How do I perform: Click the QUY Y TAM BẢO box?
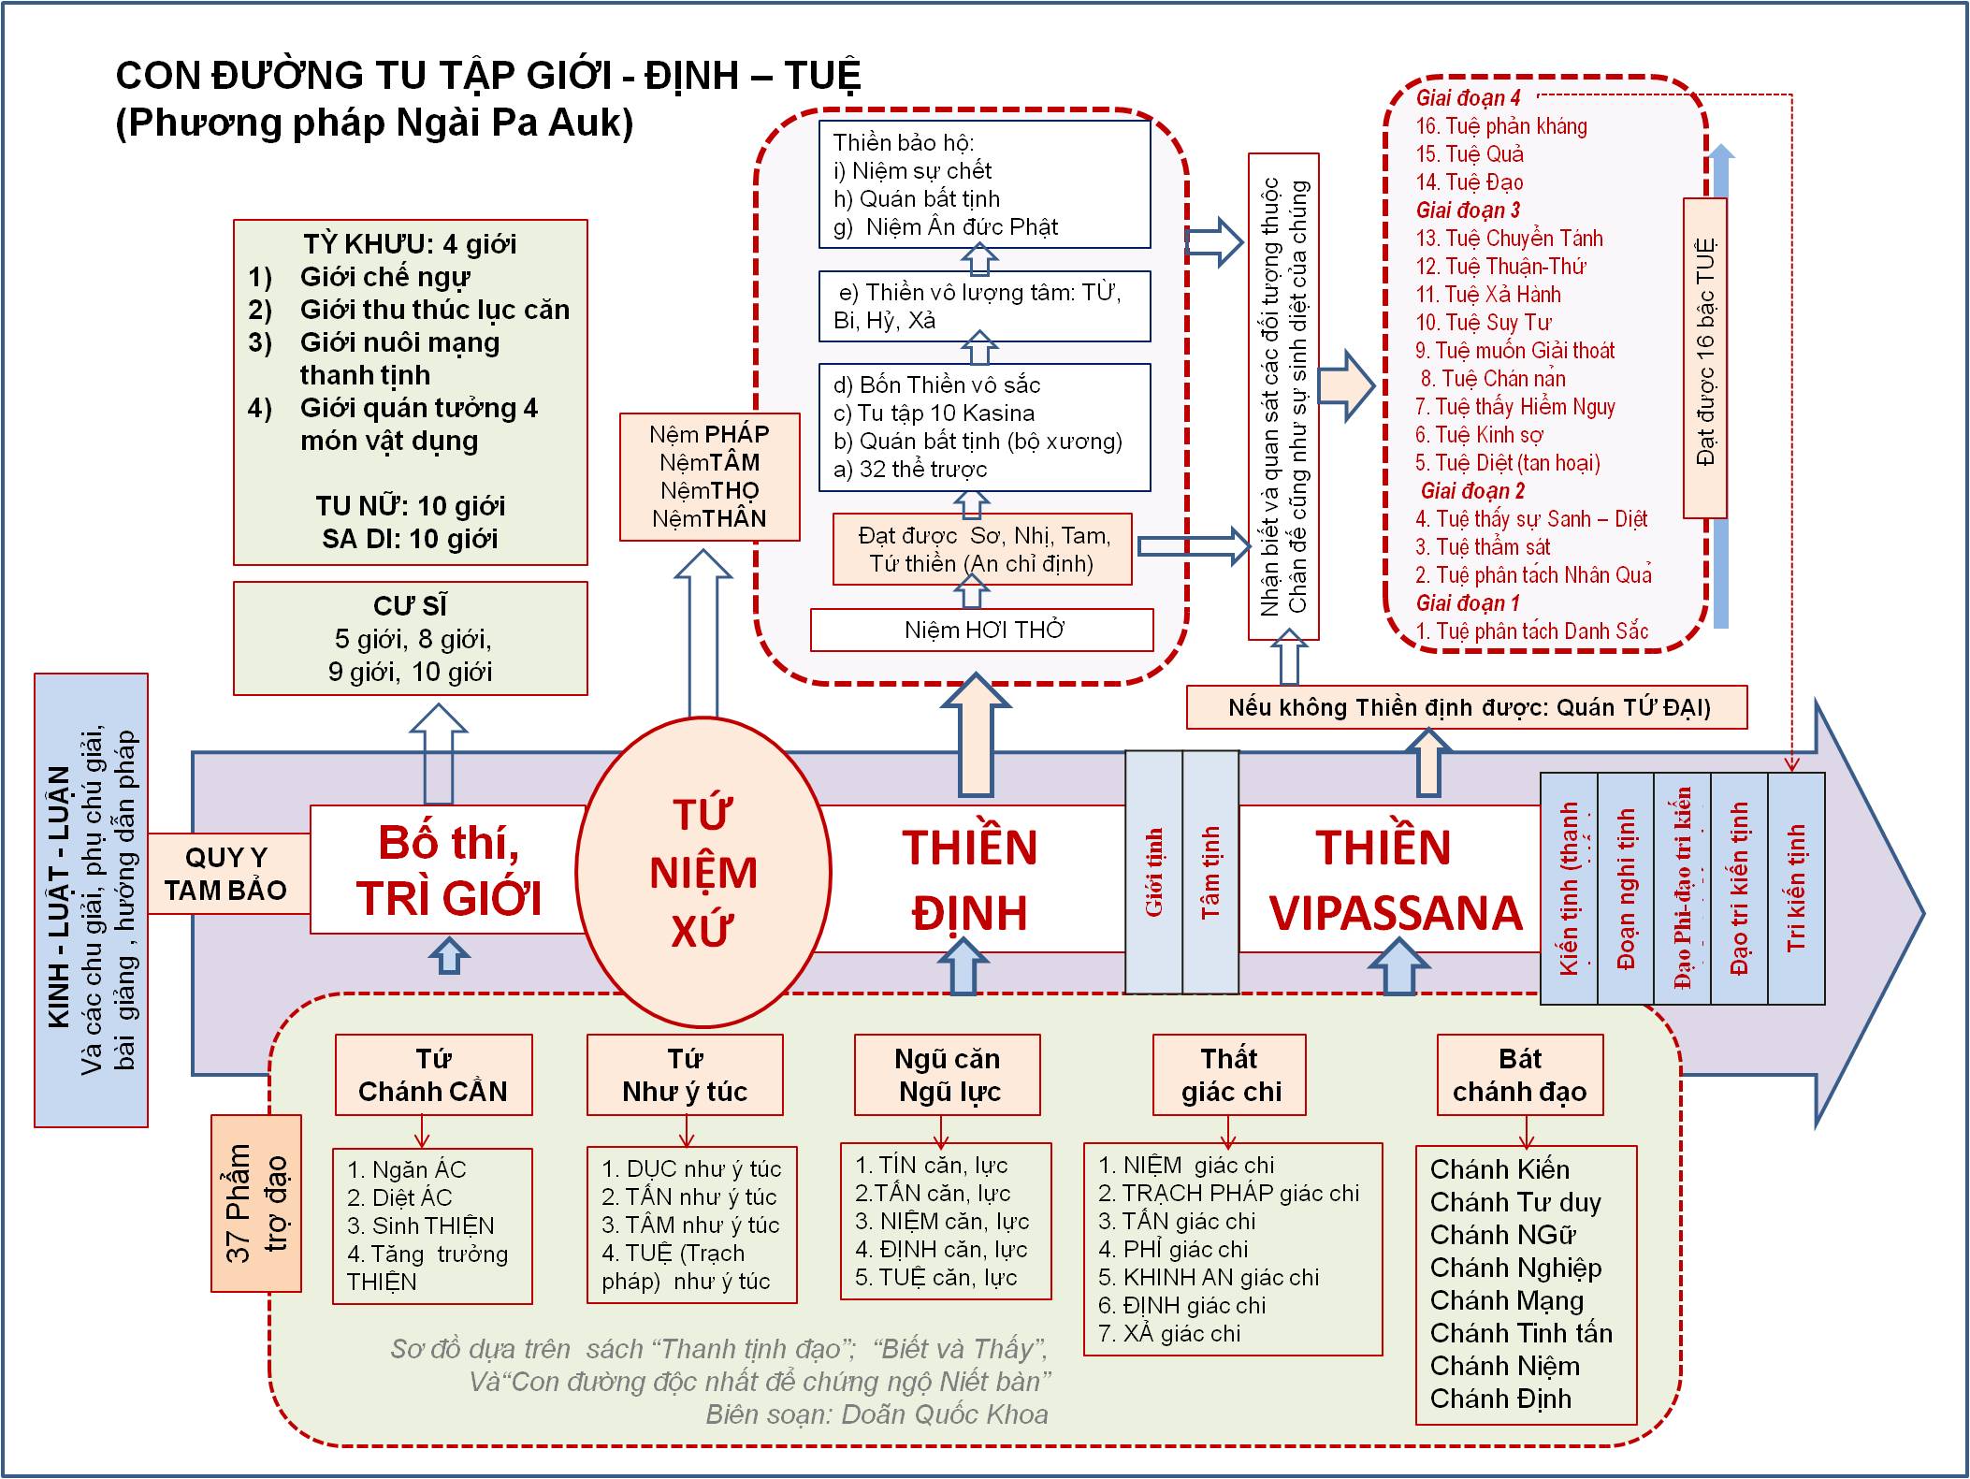tap(227, 874)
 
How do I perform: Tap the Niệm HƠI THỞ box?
tap(982, 630)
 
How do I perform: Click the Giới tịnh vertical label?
tap(1154, 872)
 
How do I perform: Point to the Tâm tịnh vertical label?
tap(1210, 872)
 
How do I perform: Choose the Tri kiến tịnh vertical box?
tap(1796, 887)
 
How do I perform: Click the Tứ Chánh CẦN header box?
tap(433, 1075)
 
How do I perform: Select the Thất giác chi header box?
tap(1229, 1075)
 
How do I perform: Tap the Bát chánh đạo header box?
tap(1519, 1075)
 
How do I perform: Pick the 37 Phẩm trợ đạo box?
tap(256, 1202)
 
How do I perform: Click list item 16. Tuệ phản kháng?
tap(1501, 126)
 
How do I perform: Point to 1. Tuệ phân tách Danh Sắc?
tap(1531, 631)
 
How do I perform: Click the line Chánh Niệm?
tap(1504, 1366)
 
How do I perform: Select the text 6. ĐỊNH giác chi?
tap(1181, 1305)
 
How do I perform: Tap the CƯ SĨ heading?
tap(411, 606)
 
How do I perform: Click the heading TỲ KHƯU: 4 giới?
tap(410, 244)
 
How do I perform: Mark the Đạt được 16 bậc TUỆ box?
tap(1704, 357)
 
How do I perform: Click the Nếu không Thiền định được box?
tap(1466, 707)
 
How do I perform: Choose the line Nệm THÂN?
tap(709, 519)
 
